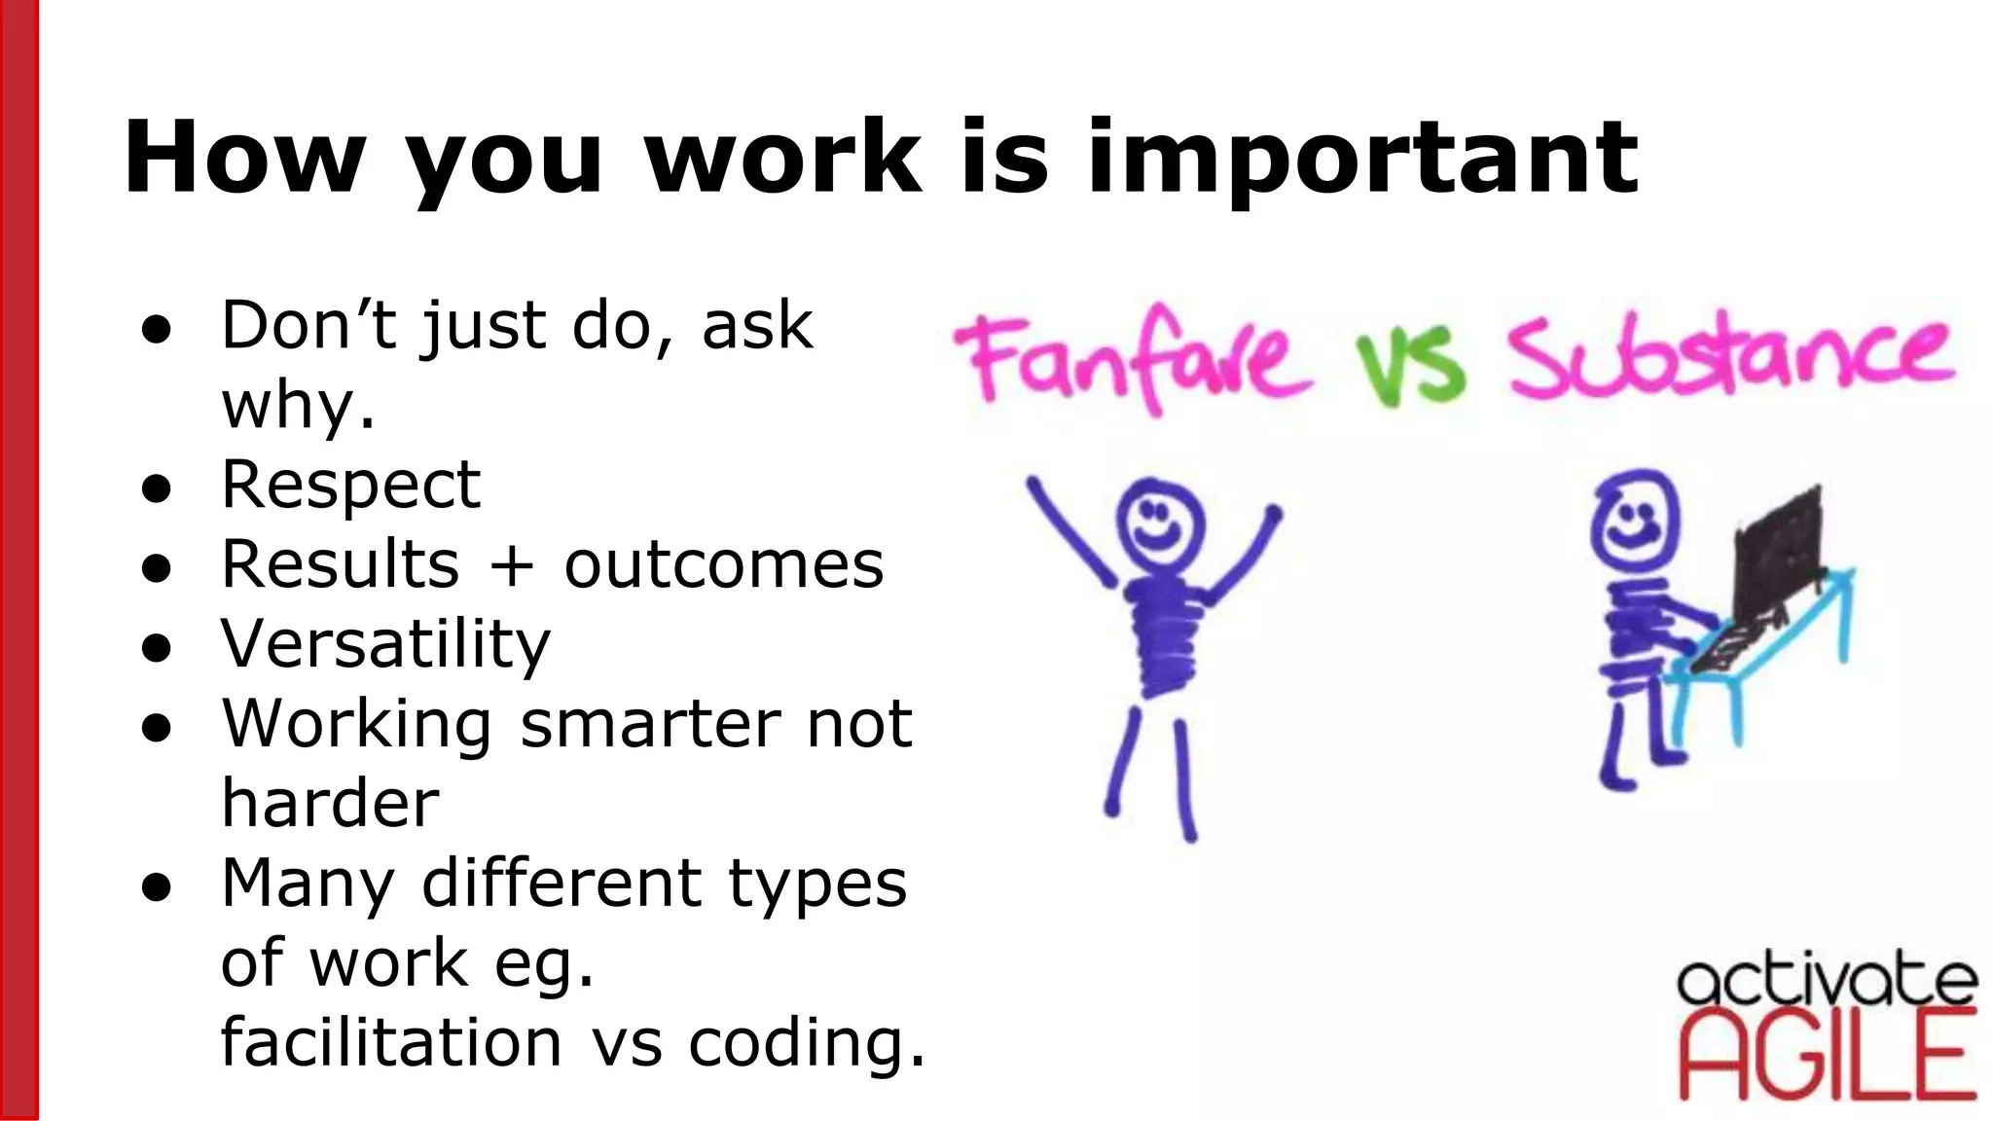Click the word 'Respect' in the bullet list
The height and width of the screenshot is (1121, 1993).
click(350, 485)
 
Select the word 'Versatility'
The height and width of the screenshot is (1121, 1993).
click(385, 644)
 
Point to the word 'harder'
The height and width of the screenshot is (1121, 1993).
click(330, 804)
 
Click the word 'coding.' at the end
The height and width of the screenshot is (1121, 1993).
click(807, 1042)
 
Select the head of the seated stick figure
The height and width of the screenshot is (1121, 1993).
click(1635, 521)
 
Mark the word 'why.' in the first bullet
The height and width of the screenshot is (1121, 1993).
click(298, 406)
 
